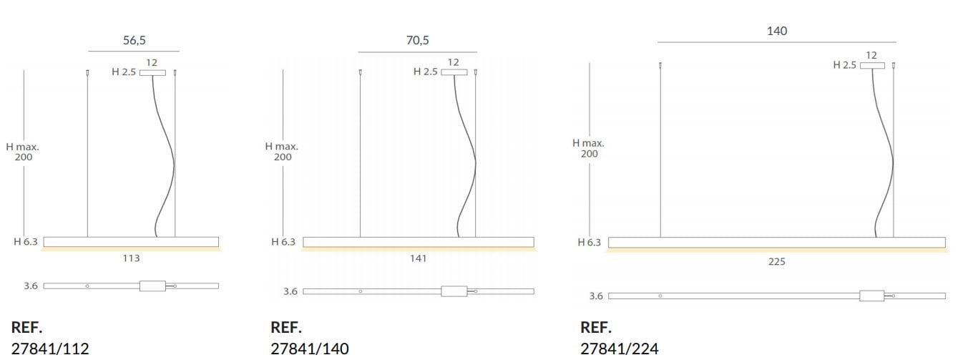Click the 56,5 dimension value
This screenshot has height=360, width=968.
(x=134, y=41)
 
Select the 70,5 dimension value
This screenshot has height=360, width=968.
(x=417, y=41)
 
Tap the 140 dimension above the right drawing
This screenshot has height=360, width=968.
(x=776, y=31)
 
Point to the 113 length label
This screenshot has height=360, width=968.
(x=131, y=258)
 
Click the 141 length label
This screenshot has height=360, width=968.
(x=418, y=258)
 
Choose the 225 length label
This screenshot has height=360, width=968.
(x=776, y=262)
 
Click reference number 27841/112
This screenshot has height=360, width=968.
(x=50, y=349)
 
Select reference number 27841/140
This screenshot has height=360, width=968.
(x=310, y=349)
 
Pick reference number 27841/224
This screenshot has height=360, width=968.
(x=620, y=349)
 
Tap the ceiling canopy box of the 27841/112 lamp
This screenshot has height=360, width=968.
(x=152, y=72)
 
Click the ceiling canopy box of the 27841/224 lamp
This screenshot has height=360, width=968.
(x=872, y=66)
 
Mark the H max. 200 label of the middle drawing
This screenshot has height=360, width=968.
(x=282, y=151)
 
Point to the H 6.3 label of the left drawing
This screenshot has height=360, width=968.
(x=25, y=242)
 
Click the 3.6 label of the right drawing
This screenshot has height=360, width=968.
(x=595, y=296)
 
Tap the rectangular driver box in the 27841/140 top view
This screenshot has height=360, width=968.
(x=454, y=291)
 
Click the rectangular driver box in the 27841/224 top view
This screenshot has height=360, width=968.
(x=871, y=296)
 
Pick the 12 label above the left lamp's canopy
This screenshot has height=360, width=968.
(x=152, y=63)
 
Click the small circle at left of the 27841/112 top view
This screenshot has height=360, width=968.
(x=87, y=286)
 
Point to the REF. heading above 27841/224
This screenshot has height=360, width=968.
(x=596, y=328)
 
